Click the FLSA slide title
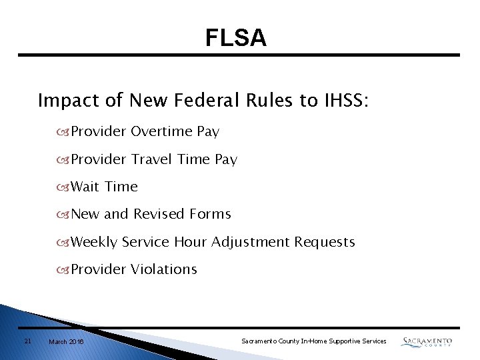(x=236, y=38)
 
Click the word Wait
(x=85, y=187)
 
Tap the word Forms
(x=210, y=214)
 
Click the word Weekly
(x=95, y=242)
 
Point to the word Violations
(x=164, y=269)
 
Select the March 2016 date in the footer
(x=66, y=342)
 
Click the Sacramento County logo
(x=427, y=341)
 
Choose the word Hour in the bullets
(x=191, y=242)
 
